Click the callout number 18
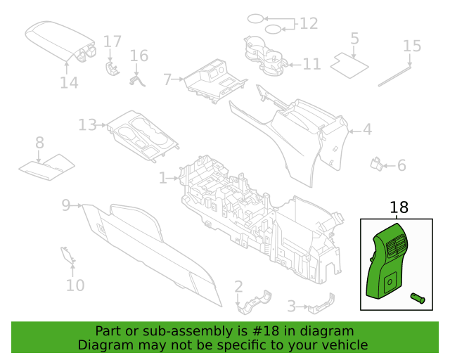click(x=399, y=207)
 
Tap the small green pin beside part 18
click(x=418, y=298)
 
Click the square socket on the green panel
click(x=389, y=283)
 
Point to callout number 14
click(x=69, y=83)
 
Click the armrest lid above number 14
click(x=61, y=41)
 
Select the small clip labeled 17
click(x=112, y=69)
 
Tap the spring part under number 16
click(x=138, y=80)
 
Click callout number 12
click(x=309, y=23)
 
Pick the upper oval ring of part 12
click(x=255, y=19)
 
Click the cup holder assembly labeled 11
click(x=266, y=56)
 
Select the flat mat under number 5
click(x=349, y=65)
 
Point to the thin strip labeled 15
click(x=394, y=77)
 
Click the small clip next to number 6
click(x=377, y=164)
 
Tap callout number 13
click(x=87, y=125)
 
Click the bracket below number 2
click(x=255, y=302)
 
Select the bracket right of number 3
click(x=322, y=304)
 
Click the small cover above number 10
click(x=68, y=255)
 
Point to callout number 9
click(x=65, y=205)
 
